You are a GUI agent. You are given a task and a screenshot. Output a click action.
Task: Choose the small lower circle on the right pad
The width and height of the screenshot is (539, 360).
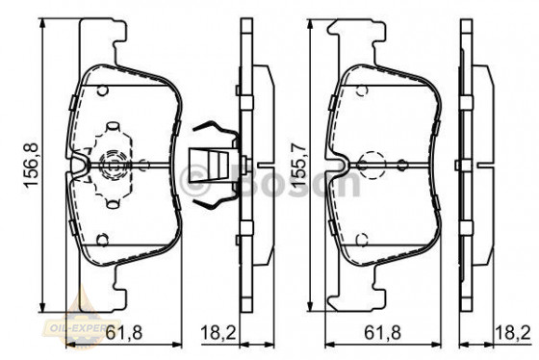click(360, 241)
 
